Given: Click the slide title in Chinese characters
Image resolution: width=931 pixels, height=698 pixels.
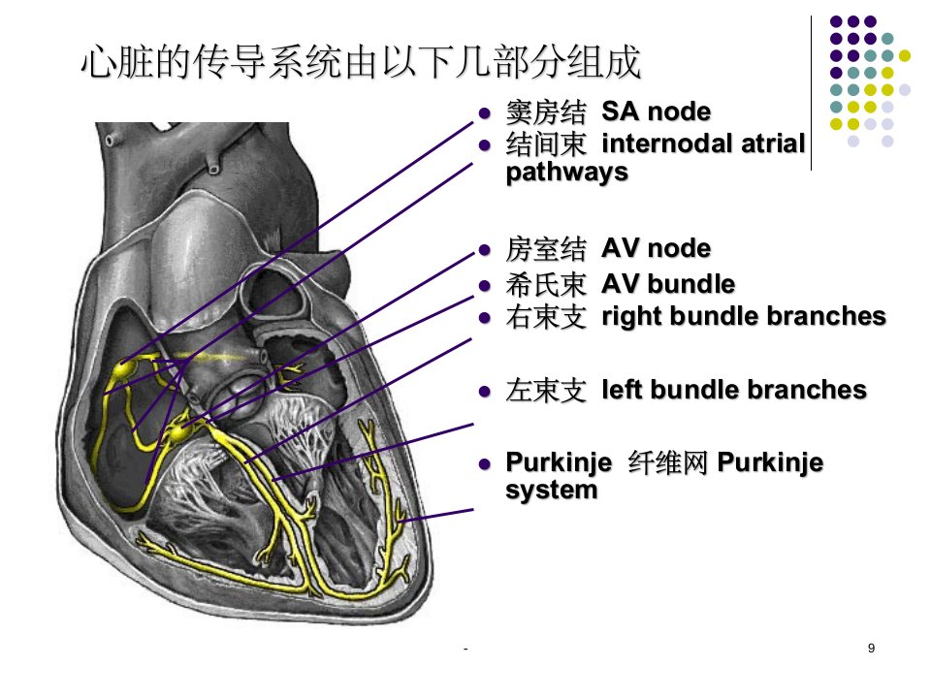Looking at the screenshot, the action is click(x=361, y=62).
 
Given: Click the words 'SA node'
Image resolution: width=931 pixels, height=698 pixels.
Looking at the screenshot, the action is click(x=657, y=111).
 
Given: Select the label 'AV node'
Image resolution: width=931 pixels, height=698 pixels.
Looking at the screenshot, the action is click(x=657, y=248).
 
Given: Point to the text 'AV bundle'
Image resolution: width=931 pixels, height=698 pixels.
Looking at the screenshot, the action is click(x=668, y=284).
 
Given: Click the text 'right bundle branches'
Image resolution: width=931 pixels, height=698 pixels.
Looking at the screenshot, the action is click(x=744, y=316).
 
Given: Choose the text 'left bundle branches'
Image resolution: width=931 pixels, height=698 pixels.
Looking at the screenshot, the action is click(x=734, y=390).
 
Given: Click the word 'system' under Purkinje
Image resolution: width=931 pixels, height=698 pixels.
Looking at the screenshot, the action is click(x=552, y=491).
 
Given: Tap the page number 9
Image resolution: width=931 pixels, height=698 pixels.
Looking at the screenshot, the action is click(x=871, y=649).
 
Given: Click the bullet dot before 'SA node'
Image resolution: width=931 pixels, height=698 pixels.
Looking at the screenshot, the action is click(x=485, y=112).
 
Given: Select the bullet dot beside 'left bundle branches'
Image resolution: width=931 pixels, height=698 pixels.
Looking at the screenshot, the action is click(x=485, y=392).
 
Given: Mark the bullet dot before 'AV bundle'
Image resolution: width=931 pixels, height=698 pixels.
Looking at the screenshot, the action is click(x=485, y=285).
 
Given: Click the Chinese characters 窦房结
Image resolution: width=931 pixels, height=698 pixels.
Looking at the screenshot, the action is click(x=546, y=112).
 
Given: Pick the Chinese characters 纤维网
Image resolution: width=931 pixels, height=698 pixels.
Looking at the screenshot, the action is click(x=667, y=463).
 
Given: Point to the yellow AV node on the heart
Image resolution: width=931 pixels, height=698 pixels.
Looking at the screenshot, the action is click(x=178, y=432).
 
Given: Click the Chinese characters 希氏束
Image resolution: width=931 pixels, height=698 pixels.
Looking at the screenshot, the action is click(x=546, y=285).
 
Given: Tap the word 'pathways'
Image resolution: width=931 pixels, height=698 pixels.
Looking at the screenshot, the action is click(x=567, y=173).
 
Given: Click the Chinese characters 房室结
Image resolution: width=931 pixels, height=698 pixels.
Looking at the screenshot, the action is click(x=546, y=249).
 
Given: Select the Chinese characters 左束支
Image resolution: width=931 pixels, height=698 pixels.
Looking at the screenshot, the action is click(x=546, y=391).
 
